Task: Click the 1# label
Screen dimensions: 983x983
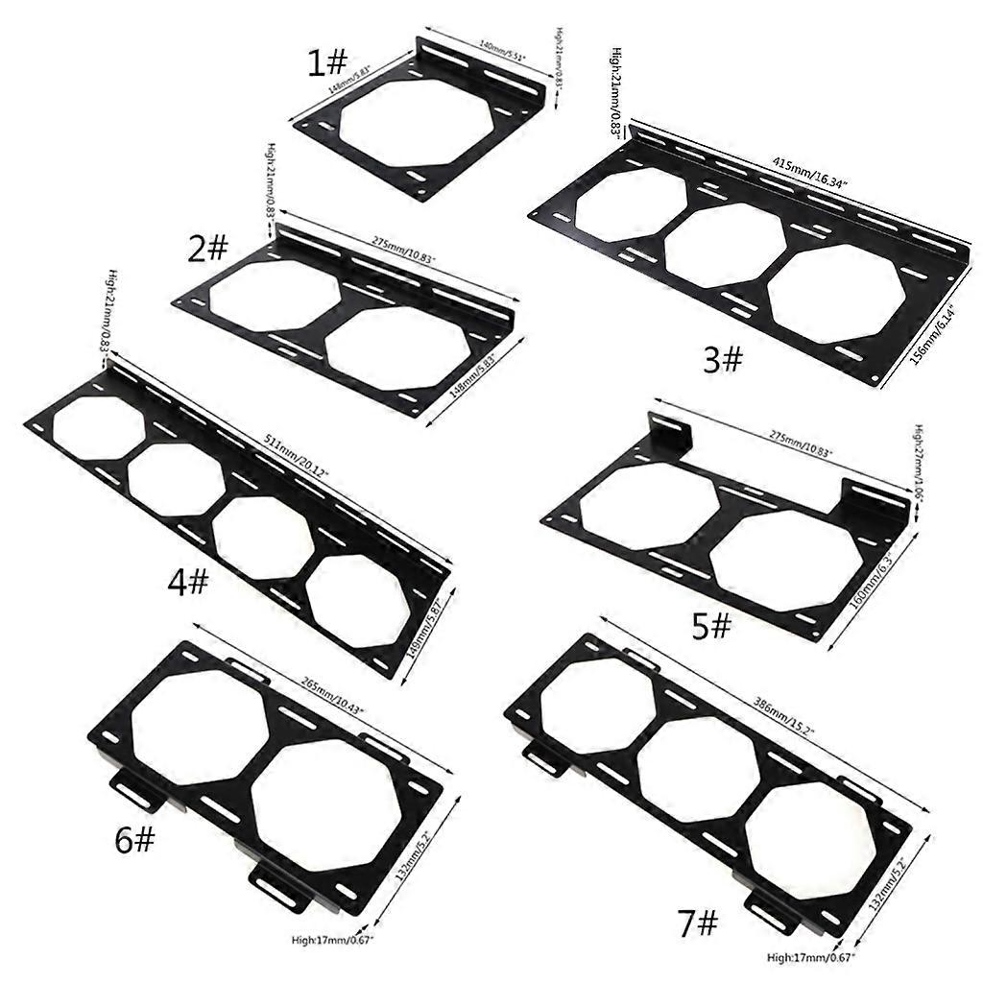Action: pos(326,63)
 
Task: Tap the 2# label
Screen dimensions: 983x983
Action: pos(207,250)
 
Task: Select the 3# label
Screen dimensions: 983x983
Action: pos(723,360)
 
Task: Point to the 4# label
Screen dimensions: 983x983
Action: pos(188,580)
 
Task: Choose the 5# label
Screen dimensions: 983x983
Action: pos(711,627)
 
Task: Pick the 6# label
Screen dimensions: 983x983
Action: pos(133,840)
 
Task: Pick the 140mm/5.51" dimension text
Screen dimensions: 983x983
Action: pos(501,48)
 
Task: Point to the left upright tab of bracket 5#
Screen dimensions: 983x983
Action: pos(669,431)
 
